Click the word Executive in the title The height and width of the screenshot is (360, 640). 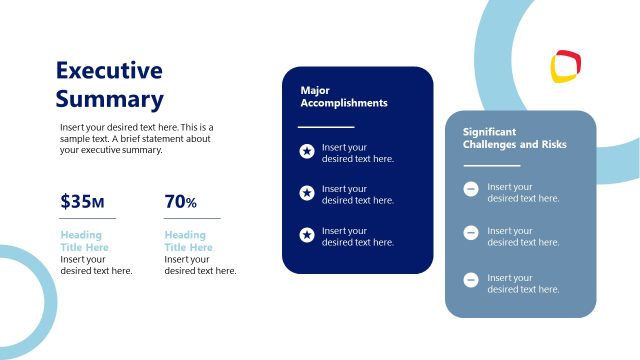108,70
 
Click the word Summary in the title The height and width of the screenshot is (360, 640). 108,99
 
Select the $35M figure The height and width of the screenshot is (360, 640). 82,202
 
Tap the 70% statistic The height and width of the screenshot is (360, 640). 180,202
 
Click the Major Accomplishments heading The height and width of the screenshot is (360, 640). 343,96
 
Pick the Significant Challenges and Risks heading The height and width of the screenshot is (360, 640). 514,138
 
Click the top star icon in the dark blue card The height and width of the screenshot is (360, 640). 307,152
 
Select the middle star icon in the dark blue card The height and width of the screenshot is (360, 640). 307,193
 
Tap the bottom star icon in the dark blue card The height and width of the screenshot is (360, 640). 307,235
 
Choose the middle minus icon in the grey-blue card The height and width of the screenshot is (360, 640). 470,234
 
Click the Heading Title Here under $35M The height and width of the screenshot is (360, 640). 87,241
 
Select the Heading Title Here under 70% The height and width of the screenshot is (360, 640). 188,241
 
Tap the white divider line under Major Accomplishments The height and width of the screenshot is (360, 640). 326,127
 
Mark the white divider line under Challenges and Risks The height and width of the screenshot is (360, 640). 491,165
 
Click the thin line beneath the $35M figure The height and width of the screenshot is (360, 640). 87,217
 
